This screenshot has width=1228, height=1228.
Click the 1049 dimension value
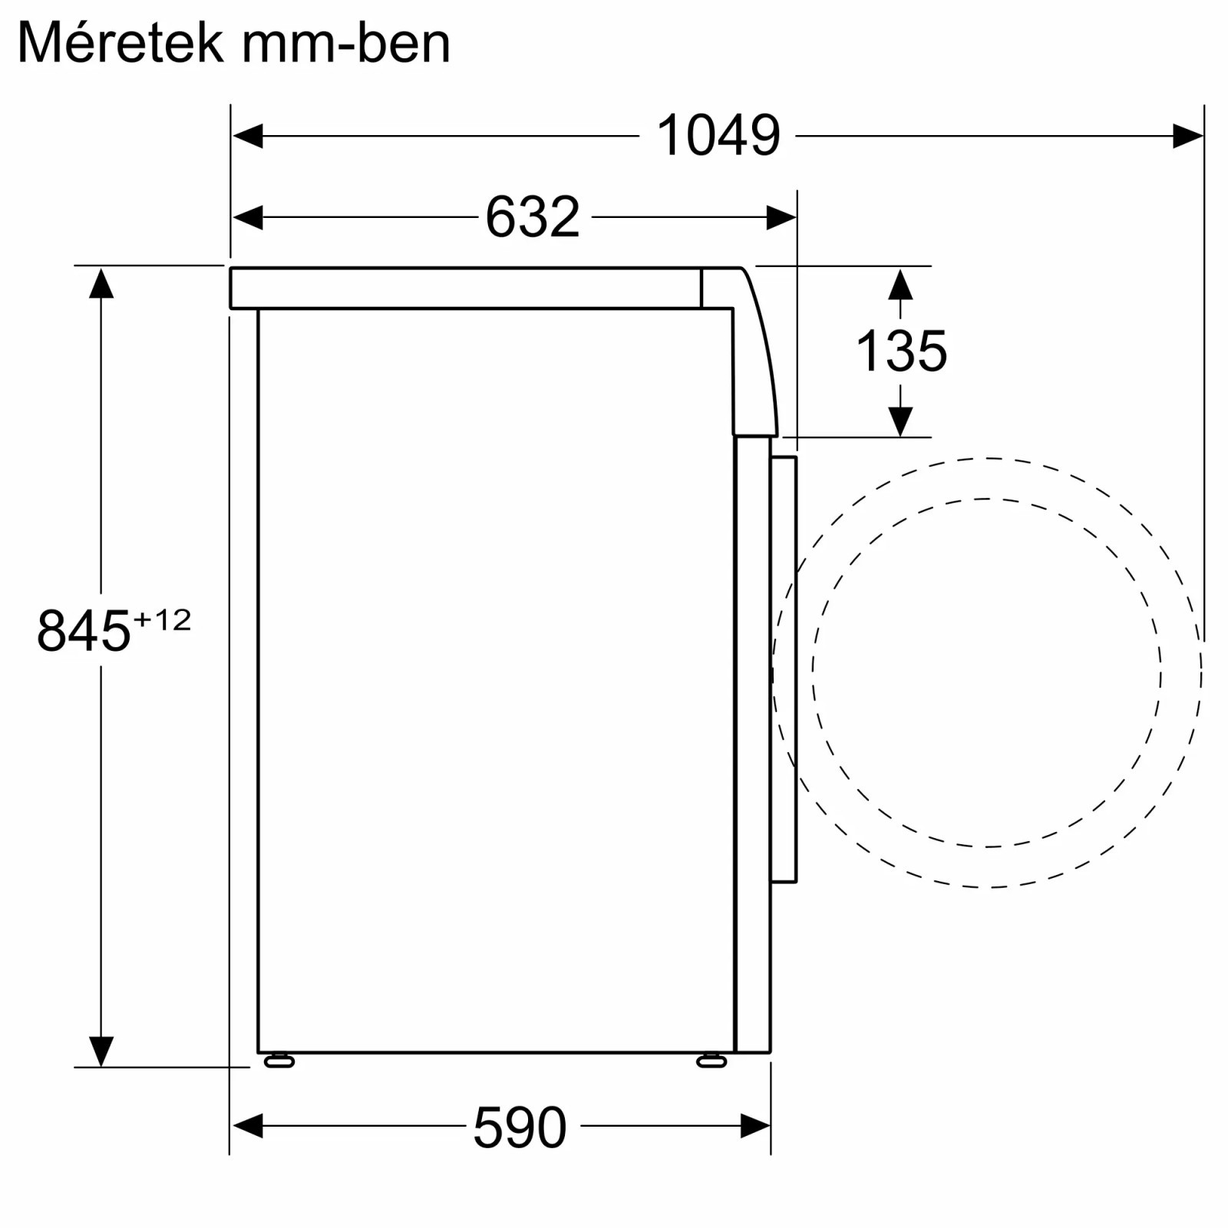tap(718, 136)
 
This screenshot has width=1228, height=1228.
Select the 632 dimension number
tap(533, 217)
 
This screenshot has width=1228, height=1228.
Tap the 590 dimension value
tap(520, 1127)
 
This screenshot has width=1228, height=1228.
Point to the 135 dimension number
tap(901, 352)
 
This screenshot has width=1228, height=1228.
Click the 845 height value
tap(84, 631)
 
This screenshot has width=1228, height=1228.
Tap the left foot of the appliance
tap(279, 1061)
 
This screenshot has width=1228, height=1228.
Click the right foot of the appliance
tap(711, 1061)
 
